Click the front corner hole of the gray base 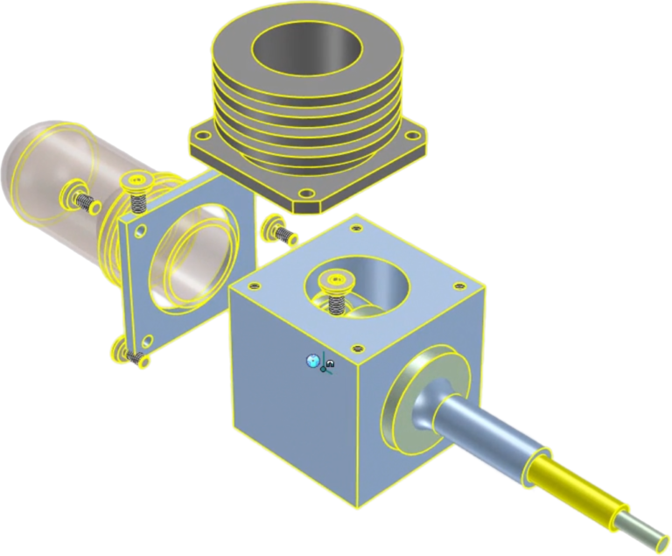point(304,193)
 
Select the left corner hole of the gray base point(203,135)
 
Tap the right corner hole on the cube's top point(461,285)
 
